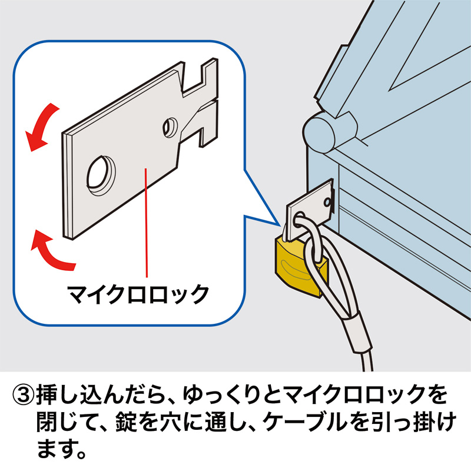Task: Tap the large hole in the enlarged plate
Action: (x=101, y=174)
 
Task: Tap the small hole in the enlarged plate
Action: (x=170, y=125)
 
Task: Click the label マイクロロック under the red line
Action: (x=138, y=293)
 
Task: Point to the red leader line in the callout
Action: (x=145, y=224)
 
